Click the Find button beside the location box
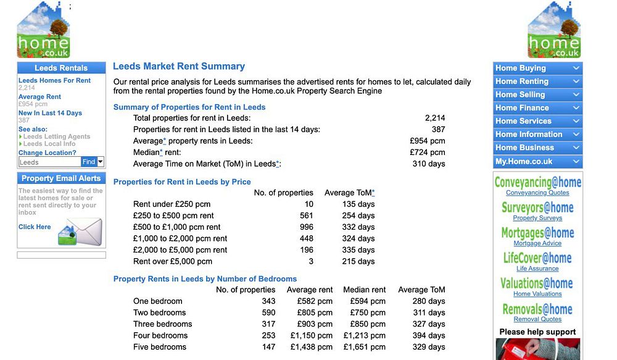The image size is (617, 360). pos(89,162)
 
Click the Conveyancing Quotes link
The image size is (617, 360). pos(537,193)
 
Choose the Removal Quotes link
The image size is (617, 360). pos(537,319)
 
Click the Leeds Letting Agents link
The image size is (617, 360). pos(57,136)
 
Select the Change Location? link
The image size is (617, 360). pos(48,153)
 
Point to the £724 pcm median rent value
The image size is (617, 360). pos(427,153)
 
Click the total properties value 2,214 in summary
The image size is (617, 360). pos(434,118)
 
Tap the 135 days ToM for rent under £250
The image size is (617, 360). pos(358,204)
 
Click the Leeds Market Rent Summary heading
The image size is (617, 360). pos(179,67)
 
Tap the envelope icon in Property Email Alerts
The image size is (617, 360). pos(80,232)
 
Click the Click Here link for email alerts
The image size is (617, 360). pos(35,227)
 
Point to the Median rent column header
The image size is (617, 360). pos(364,290)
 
